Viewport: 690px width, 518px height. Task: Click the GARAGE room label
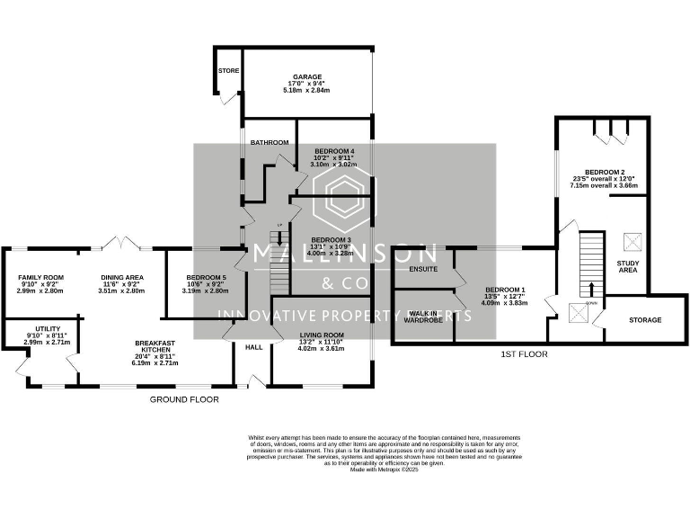(x=294, y=77)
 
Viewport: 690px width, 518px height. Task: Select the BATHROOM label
(x=270, y=142)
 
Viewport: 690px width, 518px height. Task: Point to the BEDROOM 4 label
(x=333, y=151)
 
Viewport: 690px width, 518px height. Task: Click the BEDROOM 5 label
(x=205, y=278)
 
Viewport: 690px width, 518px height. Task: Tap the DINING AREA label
(x=121, y=278)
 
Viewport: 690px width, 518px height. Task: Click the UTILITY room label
(x=48, y=329)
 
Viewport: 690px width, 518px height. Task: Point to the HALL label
(x=254, y=346)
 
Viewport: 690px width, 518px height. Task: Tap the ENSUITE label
(x=422, y=269)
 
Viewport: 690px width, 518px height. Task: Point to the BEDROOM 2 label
(x=605, y=172)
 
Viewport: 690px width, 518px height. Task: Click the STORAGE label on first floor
(x=645, y=320)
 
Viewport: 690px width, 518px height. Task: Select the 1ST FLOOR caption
(x=524, y=354)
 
